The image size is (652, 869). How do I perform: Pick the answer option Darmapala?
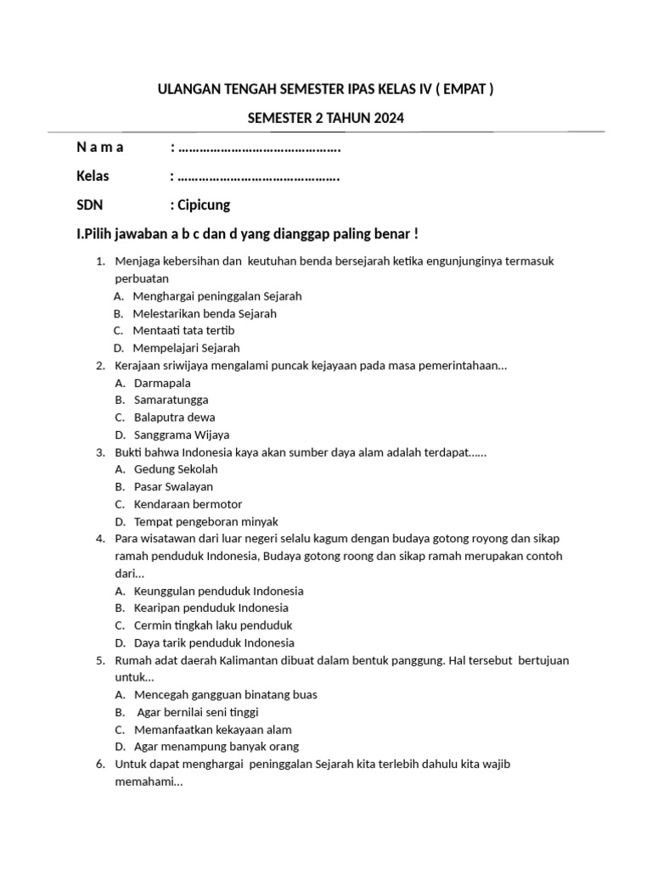(x=162, y=383)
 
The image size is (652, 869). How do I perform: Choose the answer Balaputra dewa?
(x=174, y=418)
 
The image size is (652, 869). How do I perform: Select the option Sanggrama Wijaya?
(x=182, y=434)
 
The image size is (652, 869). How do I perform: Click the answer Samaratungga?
(x=171, y=400)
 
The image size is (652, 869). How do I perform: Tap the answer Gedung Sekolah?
(x=176, y=469)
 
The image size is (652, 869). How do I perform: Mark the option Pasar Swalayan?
(x=173, y=487)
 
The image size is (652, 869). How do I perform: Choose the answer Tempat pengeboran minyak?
(x=205, y=522)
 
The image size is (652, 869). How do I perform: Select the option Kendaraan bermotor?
(x=188, y=504)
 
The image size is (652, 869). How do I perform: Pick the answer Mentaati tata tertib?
(x=183, y=330)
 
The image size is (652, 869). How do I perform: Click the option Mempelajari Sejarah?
(x=187, y=348)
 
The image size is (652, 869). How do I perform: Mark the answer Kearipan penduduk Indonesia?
(x=211, y=608)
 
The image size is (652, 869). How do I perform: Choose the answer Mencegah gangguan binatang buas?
(x=225, y=695)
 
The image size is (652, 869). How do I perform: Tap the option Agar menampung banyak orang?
(x=216, y=747)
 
